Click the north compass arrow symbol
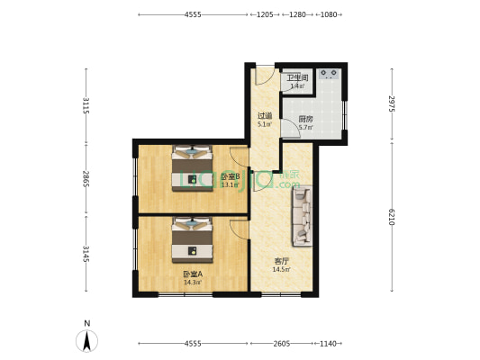(86, 339)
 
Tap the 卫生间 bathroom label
(297, 78)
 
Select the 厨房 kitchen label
(306, 119)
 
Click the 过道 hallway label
(264, 115)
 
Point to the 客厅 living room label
(282, 262)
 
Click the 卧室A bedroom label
(192, 274)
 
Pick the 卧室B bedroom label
(230, 176)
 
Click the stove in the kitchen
(328, 73)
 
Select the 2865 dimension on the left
(86, 178)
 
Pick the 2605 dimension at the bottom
(282, 343)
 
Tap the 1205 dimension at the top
(266, 15)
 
